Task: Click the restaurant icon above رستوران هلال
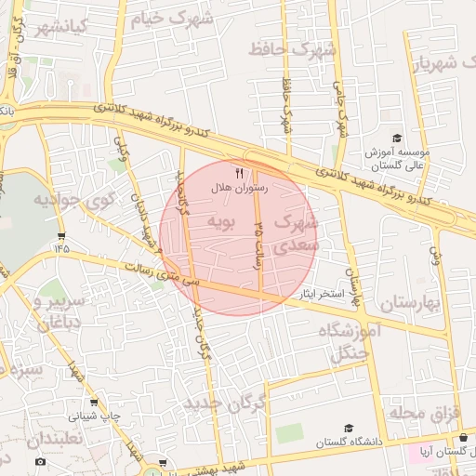coord(239,173)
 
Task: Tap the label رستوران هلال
coord(240,188)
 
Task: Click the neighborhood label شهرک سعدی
coord(298,234)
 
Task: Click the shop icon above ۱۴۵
coord(61,236)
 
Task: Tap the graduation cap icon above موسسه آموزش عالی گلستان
coord(396,138)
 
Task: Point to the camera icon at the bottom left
coord(40,461)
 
